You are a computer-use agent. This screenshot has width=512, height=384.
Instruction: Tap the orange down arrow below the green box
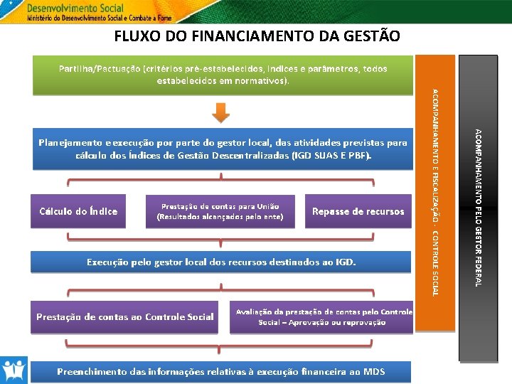(x=222, y=112)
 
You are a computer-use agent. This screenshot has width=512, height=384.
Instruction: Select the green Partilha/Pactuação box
(x=223, y=75)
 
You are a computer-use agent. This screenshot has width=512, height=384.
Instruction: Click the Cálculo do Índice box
(x=78, y=211)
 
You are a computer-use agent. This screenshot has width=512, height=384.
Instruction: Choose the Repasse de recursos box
(x=358, y=211)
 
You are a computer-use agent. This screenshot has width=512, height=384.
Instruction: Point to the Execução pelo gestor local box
(x=222, y=262)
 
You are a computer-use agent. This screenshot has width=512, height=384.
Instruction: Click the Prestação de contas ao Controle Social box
(x=124, y=316)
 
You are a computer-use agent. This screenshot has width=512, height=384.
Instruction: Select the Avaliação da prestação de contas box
(x=321, y=316)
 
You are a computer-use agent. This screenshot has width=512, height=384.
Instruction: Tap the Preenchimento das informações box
(x=222, y=371)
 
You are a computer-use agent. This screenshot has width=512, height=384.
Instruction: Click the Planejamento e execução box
(x=223, y=149)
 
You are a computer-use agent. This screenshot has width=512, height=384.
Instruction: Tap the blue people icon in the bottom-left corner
(x=14, y=370)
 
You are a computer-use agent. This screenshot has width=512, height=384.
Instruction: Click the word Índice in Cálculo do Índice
(x=100, y=211)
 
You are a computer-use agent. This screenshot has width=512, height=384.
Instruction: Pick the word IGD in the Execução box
(x=344, y=262)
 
